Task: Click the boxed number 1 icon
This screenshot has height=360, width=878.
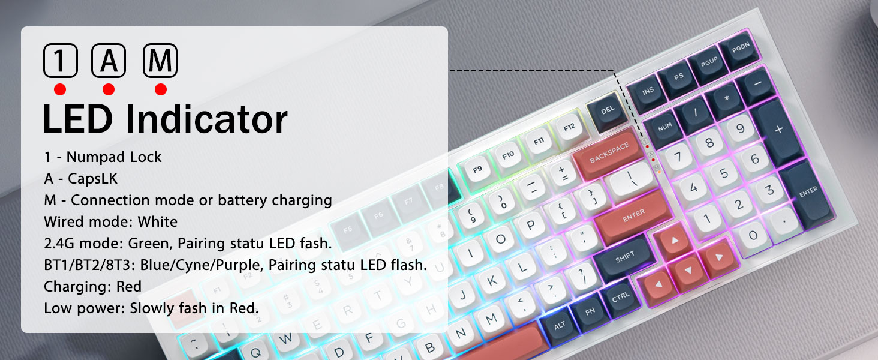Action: [x=61, y=61]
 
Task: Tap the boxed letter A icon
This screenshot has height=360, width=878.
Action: [x=109, y=61]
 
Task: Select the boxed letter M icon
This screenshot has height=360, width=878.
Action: [x=160, y=61]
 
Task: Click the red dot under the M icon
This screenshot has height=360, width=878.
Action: [x=160, y=89]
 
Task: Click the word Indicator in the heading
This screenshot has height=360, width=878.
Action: [x=206, y=119]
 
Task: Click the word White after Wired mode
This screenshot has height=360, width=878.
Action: [x=158, y=222]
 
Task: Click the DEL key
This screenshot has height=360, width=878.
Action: [x=608, y=110]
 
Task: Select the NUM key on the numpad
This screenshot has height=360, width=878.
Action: [x=664, y=128]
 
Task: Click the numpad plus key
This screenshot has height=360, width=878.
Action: [x=779, y=130]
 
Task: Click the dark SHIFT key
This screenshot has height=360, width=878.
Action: [x=625, y=256]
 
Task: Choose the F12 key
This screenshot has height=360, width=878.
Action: [x=569, y=127]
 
